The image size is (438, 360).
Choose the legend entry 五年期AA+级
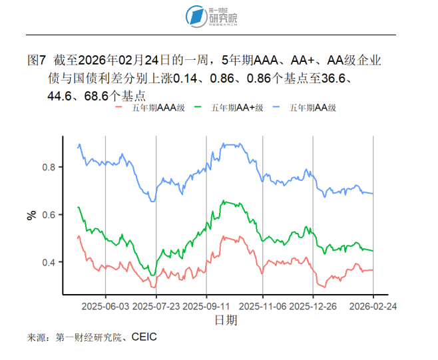click(236, 106)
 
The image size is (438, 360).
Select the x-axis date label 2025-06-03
click(105, 307)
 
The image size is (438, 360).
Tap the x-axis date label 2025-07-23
click(156, 307)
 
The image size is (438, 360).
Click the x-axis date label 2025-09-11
click(206, 307)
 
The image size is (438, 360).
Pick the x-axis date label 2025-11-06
click(262, 307)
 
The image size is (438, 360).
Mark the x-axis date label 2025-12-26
click(313, 307)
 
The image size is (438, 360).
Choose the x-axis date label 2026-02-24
click(373, 307)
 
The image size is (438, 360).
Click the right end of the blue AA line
click(373, 194)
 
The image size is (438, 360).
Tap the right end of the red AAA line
click(373, 270)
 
